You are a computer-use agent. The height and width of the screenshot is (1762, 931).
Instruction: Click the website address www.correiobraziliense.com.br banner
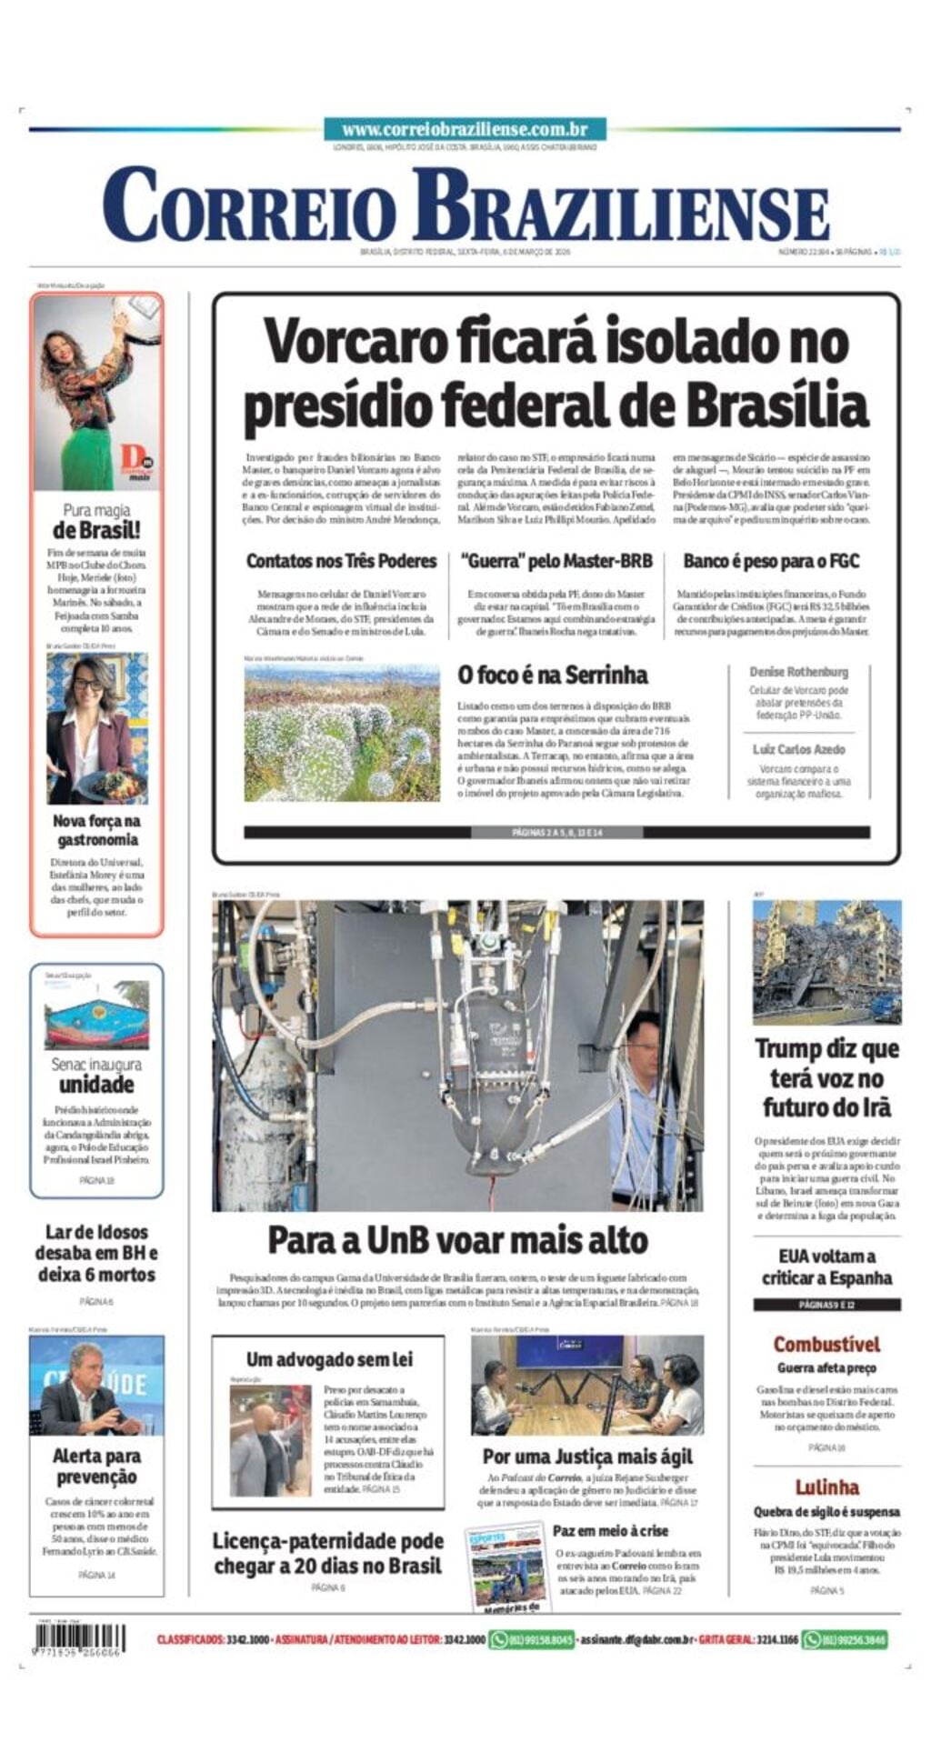click(465, 130)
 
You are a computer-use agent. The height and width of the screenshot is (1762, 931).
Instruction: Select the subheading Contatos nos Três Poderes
click(341, 561)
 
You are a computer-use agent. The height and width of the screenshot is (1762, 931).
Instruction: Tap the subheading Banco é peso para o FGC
click(771, 561)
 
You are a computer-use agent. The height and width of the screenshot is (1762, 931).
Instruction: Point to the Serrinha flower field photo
click(342, 733)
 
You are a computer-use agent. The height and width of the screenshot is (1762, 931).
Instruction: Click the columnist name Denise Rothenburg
click(798, 672)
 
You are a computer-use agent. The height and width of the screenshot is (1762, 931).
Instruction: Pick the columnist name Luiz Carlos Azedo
click(798, 749)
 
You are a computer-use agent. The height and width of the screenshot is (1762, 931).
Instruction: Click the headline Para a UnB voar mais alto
click(457, 1240)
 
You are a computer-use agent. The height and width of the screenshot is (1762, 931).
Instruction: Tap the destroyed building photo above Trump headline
click(826, 962)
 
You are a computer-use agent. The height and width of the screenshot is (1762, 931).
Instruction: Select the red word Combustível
click(826, 1344)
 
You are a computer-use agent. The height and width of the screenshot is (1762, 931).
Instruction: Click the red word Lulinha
click(826, 1487)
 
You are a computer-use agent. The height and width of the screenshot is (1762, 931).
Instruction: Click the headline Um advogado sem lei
click(328, 1359)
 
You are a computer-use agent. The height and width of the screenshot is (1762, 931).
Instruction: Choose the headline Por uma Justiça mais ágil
click(587, 1457)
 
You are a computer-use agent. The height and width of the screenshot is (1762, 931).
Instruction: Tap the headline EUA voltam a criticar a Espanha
click(826, 1266)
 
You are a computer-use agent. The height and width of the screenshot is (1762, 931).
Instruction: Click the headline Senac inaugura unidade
click(96, 1075)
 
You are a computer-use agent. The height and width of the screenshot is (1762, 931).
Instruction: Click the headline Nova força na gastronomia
click(96, 829)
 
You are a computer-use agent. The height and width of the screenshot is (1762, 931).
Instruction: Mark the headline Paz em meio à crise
click(610, 1531)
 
